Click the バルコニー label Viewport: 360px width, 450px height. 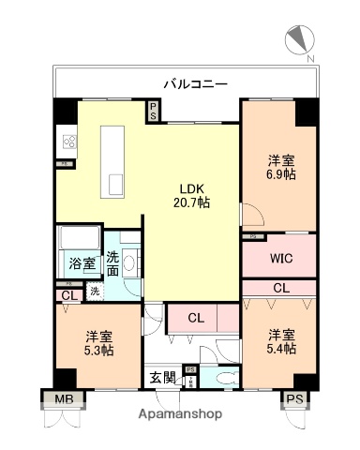[x=195, y=83]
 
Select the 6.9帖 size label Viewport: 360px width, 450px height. [x=278, y=173]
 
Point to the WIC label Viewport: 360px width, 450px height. [x=278, y=256]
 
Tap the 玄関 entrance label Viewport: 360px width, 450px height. [x=162, y=378]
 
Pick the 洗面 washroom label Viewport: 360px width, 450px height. [x=112, y=263]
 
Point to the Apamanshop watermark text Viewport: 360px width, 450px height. [x=181, y=414]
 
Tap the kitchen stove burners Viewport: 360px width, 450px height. [x=69, y=142]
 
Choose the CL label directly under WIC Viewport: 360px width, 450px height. [x=280, y=288]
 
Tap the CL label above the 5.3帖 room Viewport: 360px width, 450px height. [x=67, y=295]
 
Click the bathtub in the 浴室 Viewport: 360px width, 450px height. [x=78, y=238]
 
